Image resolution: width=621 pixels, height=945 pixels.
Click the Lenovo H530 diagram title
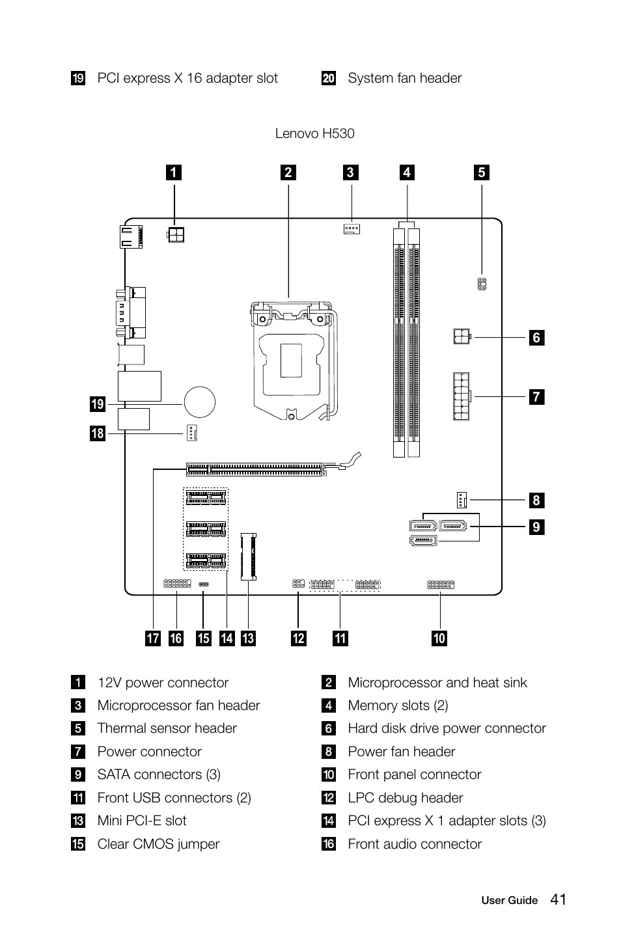(x=314, y=133)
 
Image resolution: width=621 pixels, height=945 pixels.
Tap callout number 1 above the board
(x=173, y=172)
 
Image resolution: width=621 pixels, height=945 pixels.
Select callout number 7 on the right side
(x=536, y=396)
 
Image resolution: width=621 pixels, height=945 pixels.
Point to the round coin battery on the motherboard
(x=199, y=402)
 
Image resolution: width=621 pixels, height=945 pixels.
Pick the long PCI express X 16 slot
(x=256, y=469)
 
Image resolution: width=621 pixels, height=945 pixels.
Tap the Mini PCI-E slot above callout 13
(x=249, y=556)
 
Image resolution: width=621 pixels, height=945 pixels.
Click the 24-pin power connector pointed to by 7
(x=461, y=396)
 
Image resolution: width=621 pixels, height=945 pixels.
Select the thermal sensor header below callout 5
(x=482, y=284)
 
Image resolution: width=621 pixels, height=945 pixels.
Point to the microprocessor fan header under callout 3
(x=352, y=228)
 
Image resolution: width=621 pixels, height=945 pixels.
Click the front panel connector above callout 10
(x=440, y=584)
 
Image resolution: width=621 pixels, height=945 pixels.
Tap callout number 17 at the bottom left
(x=153, y=638)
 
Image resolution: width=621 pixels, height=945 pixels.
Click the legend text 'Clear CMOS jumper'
(x=158, y=844)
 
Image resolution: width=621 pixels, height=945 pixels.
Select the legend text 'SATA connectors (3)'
(x=159, y=774)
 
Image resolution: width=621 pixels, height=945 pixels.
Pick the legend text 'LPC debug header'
(x=405, y=798)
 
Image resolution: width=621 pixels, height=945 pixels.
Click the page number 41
(x=558, y=899)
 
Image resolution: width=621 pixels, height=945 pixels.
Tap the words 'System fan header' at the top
(x=404, y=78)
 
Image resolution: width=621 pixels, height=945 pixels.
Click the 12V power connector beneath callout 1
(x=176, y=234)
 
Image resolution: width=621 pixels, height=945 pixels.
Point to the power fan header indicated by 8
(x=462, y=500)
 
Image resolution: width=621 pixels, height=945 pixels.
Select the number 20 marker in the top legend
(x=329, y=79)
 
